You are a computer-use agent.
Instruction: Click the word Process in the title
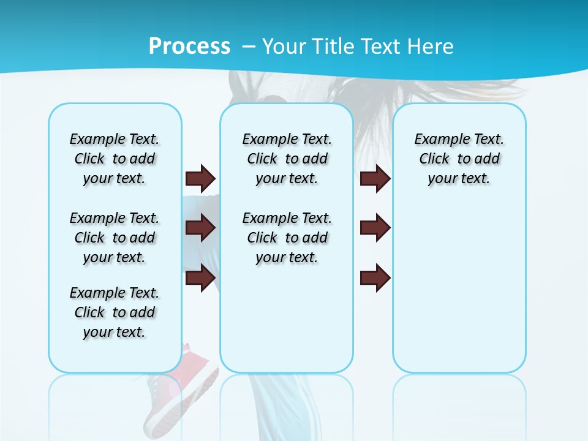tap(189, 47)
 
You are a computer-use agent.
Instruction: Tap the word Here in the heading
tap(432, 47)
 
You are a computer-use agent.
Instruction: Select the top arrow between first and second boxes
tap(200, 178)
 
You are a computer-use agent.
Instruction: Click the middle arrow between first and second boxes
tap(200, 228)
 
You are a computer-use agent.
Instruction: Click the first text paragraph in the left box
tap(115, 159)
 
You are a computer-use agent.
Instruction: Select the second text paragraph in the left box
tap(115, 238)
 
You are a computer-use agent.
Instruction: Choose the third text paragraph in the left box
tap(115, 312)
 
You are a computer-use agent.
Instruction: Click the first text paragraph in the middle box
tap(287, 159)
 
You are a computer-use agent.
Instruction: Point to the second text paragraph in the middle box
tap(287, 238)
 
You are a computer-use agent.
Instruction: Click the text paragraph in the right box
tap(459, 159)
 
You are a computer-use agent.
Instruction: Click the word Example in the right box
tap(437, 140)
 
